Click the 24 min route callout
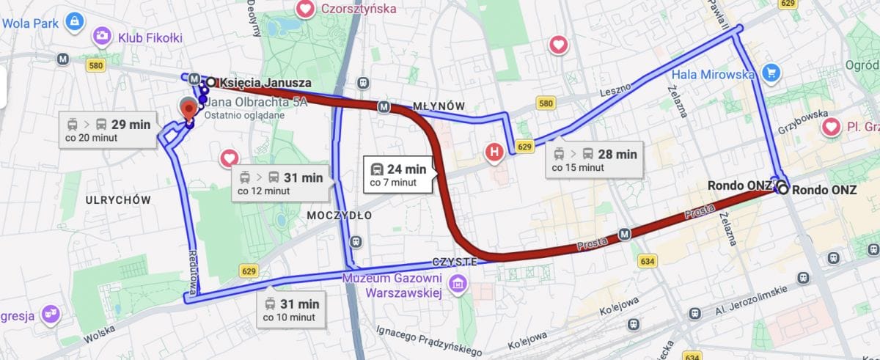[399, 175]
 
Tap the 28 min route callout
[594, 160]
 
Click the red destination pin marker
[189, 109]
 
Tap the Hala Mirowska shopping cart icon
[769, 73]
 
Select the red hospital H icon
[496, 153]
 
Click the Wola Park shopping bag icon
[73, 23]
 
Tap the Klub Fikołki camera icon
[102, 37]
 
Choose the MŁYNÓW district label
[439, 106]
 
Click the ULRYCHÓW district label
[117, 199]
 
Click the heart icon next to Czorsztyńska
[305, 9]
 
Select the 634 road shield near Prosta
[647, 260]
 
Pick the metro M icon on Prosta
[624, 234]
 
